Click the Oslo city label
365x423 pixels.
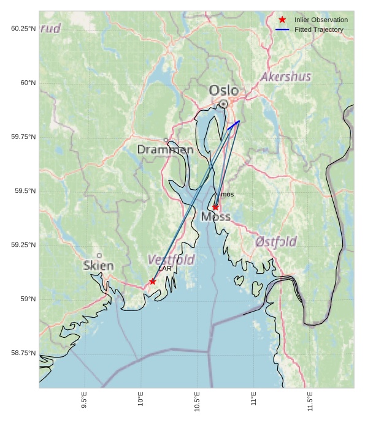pyautogui.click(x=223, y=91)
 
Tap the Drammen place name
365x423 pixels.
pyautogui.click(x=165, y=150)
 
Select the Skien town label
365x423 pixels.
pyautogui.click(x=98, y=266)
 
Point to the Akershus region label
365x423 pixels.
pyautogui.click(x=286, y=77)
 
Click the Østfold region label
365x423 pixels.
pyautogui.click(x=276, y=242)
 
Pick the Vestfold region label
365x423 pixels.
pyautogui.click(x=171, y=260)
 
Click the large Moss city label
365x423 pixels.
pyautogui.click(x=216, y=217)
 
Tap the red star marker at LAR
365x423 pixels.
pyautogui.click(x=152, y=282)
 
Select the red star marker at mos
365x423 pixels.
pyautogui.click(x=215, y=208)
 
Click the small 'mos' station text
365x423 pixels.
pyautogui.click(x=227, y=195)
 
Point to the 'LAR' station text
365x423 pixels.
pyautogui.click(x=164, y=269)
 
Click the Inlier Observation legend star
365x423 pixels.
pyautogui.click(x=282, y=20)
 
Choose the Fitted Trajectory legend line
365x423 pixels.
pyautogui.click(x=282, y=29)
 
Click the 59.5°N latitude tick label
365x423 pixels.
pyautogui.click(x=25, y=191)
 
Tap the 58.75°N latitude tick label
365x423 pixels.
pyautogui.click(x=23, y=353)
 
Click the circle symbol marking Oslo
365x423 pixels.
pyautogui.click(x=224, y=104)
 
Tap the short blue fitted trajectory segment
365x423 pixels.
pyautogui.click(x=233, y=125)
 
